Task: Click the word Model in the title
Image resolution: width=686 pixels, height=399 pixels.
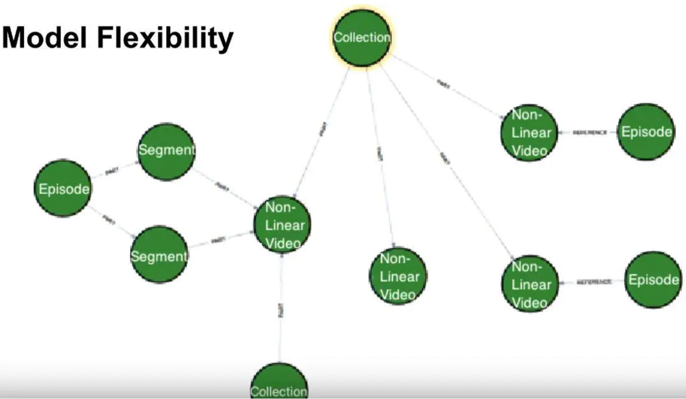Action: click(x=44, y=39)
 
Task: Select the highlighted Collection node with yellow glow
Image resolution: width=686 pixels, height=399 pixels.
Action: click(x=362, y=37)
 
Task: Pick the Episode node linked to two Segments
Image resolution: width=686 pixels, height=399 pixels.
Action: click(x=64, y=189)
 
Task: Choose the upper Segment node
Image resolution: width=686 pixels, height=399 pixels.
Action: click(x=166, y=151)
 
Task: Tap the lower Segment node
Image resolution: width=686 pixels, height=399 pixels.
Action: click(x=159, y=255)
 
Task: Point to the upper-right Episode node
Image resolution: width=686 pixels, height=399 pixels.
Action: click(x=646, y=132)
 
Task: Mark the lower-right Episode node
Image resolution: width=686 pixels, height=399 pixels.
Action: click(x=654, y=280)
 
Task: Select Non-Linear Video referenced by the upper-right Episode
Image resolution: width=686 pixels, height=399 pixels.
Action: click(x=529, y=132)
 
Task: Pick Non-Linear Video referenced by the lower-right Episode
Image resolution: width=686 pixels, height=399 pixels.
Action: click(x=529, y=284)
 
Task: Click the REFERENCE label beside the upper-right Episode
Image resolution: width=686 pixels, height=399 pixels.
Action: click(x=590, y=133)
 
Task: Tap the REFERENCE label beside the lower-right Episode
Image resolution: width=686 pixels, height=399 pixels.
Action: click(x=594, y=281)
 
